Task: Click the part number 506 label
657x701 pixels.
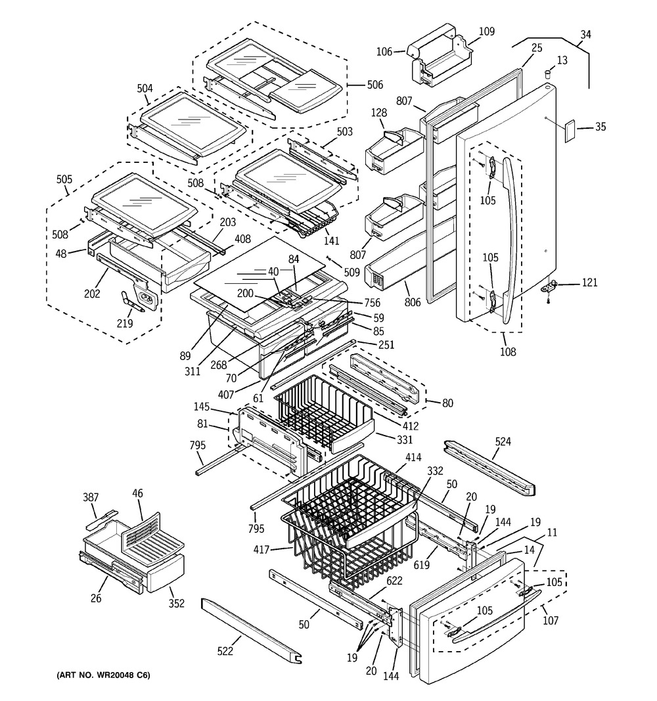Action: coord(375,85)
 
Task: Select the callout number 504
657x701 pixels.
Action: coord(145,89)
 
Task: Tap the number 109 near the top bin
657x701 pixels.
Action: coord(487,31)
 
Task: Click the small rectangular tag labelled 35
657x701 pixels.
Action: coord(568,131)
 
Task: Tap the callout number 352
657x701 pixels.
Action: coord(176,603)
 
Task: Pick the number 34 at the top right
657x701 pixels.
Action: coord(585,34)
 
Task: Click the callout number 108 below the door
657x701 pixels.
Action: coord(507,351)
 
